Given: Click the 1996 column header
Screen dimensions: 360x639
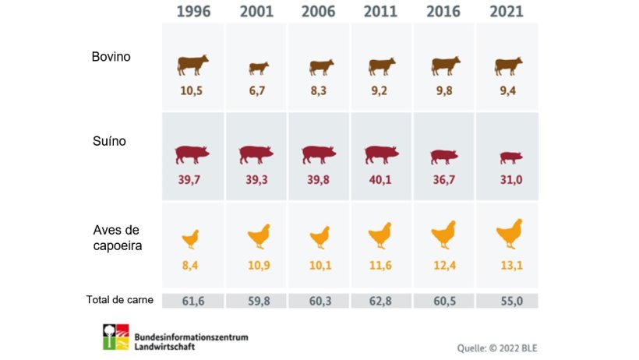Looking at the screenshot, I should [192, 12].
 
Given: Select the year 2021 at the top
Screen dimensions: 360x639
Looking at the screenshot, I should [507, 12].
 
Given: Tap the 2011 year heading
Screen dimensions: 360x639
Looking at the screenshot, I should [381, 12].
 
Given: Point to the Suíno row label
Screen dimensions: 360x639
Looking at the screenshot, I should [108, 143].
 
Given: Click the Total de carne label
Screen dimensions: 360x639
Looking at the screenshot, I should [119, 300].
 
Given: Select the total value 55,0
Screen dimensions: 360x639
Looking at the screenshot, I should [507, 301].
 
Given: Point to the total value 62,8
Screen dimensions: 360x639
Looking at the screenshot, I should [381, 301].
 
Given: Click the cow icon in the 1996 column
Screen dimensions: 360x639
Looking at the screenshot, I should [192, 65].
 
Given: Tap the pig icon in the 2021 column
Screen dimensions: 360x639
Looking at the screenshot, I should [509, 157].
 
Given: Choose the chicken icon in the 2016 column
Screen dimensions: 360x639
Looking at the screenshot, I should [443, 233].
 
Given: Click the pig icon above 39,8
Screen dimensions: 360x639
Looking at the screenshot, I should [318, 154].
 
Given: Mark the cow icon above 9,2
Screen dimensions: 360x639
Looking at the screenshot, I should [381, 66].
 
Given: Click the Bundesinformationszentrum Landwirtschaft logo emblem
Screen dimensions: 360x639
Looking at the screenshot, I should [116, 337].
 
